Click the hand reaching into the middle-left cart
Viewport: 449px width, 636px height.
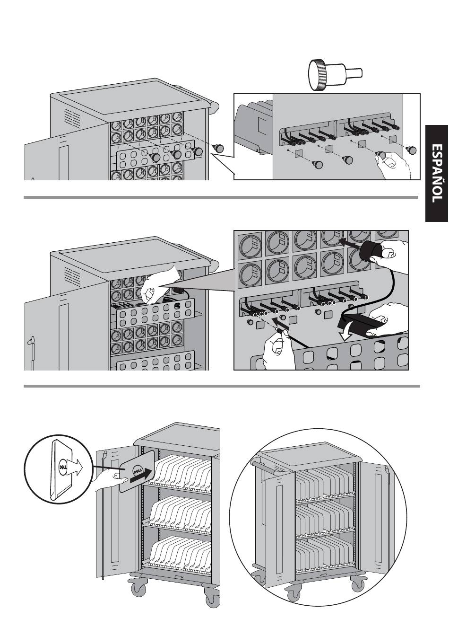click(157, 288)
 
